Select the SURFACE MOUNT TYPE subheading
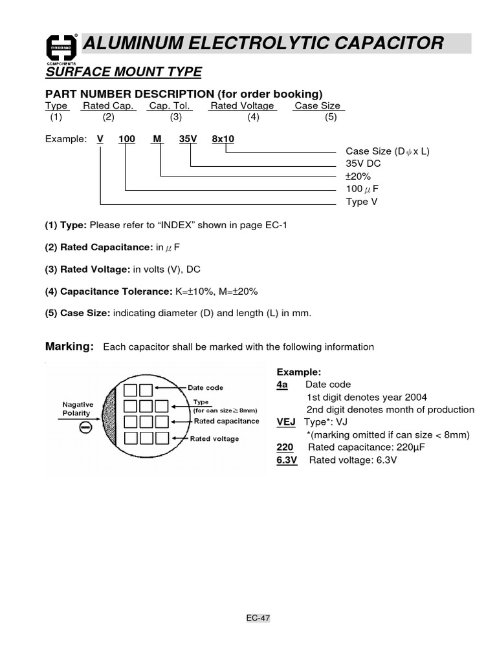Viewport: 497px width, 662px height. point(123,72)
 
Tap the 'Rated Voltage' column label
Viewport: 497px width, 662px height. point(242,106)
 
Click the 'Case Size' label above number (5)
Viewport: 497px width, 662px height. point(317,106)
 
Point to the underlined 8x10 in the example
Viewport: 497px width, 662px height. point(223,139)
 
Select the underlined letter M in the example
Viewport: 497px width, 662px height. point(157,139)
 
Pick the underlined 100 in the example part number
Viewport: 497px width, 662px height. point(126,139)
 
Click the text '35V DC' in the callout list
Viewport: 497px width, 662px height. point(364,164)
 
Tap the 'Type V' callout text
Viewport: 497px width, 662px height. point(362,202)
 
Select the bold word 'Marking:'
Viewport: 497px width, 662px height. point(69,347)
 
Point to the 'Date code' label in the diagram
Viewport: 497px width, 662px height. point(205,388)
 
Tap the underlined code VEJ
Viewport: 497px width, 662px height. point(286,422)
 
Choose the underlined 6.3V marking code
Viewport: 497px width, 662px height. point(287,460)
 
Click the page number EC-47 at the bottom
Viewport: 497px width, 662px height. point(258,618)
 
